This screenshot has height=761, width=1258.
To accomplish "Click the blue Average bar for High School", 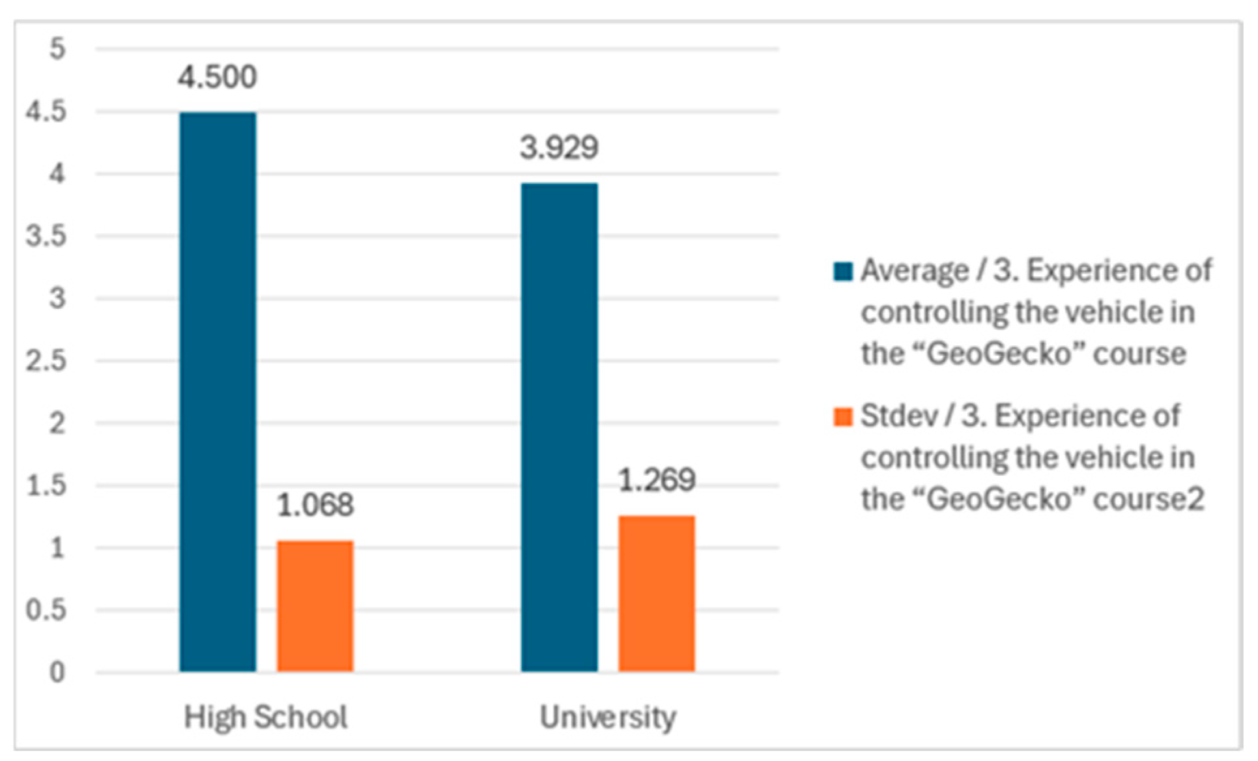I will pyautogui.click(x=218, y=391).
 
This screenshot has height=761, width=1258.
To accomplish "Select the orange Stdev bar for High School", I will pyautogui.click(x=315, y=606).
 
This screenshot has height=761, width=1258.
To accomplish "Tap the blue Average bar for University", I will pyautogui.click(x=559, y=427).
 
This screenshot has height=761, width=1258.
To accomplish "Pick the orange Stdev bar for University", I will pyautogui.click(x=656, y=593).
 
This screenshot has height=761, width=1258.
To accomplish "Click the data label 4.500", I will pyautogui.click(x=218, y=78).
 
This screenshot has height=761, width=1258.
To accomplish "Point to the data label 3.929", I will pyautogui.click(x=559, y=148).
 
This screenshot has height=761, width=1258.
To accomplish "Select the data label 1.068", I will pyautogui.click(x=315, y=505).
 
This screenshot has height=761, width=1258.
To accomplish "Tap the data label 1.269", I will pyautogui.click(x=656, y=481).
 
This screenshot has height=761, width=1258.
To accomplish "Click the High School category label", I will pyautogui.click(x=265, y=717).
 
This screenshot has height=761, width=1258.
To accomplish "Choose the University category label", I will pyautogui.click(x=608, y=717).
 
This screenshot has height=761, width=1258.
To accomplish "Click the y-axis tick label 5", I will pyautogui.click(x=57, y=49).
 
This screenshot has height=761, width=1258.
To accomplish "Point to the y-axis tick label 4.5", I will pyautogui.click(x=46, y=111).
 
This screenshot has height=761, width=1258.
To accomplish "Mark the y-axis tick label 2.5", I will pyautogui.click(x=46, y=361).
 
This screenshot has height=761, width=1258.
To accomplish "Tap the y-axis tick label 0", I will pyautogui.click(x=57, y=672).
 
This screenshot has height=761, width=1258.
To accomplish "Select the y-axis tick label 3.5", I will pyautogui.click(x=46, y=236).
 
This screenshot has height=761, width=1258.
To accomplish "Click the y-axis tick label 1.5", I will pyautogui.click(x=46, y=485).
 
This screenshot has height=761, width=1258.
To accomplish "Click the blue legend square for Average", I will pyautogui.click(x=843, y=271).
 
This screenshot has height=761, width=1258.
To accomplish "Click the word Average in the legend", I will pyautogui.click(x=914, y=271).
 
